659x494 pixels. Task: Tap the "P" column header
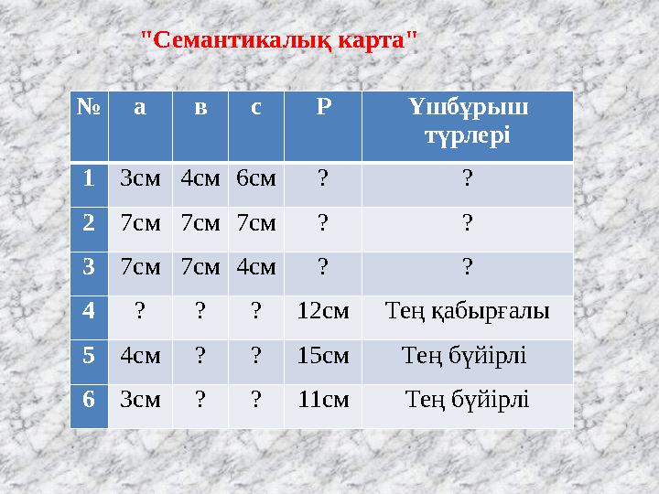(322, 108)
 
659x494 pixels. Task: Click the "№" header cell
(89, 108)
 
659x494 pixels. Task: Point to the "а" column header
(139, 108)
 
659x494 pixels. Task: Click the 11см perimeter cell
(322, 399)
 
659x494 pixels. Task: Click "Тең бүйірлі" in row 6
(468, 399)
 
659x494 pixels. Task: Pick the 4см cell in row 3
(255, 267)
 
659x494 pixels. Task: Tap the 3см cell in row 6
(140, 399)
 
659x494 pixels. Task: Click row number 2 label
(89, 222)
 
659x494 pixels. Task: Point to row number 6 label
(89, 399)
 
